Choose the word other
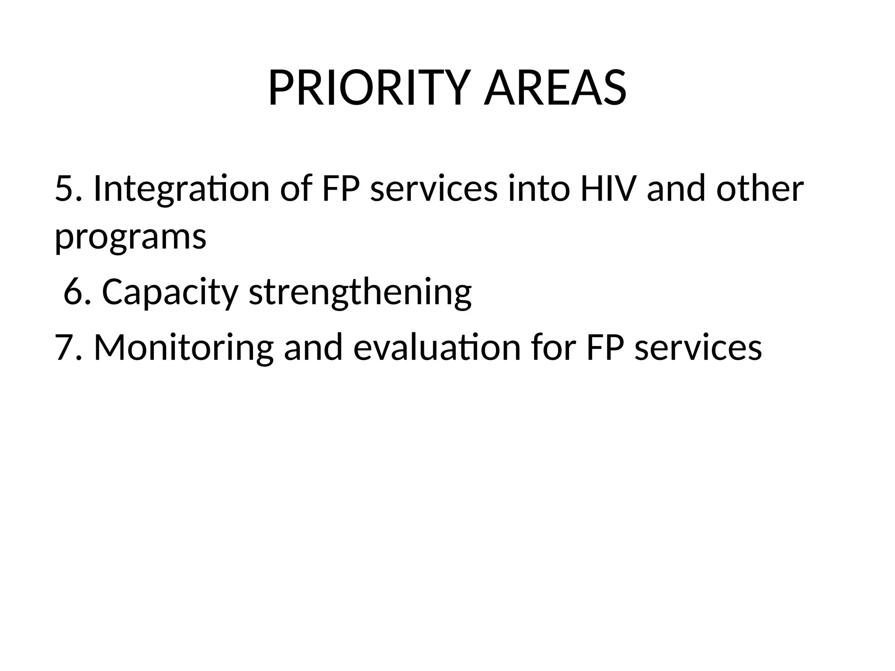point(760,189)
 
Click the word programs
point(130,238)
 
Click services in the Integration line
point(434,189)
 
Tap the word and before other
point(676,189)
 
